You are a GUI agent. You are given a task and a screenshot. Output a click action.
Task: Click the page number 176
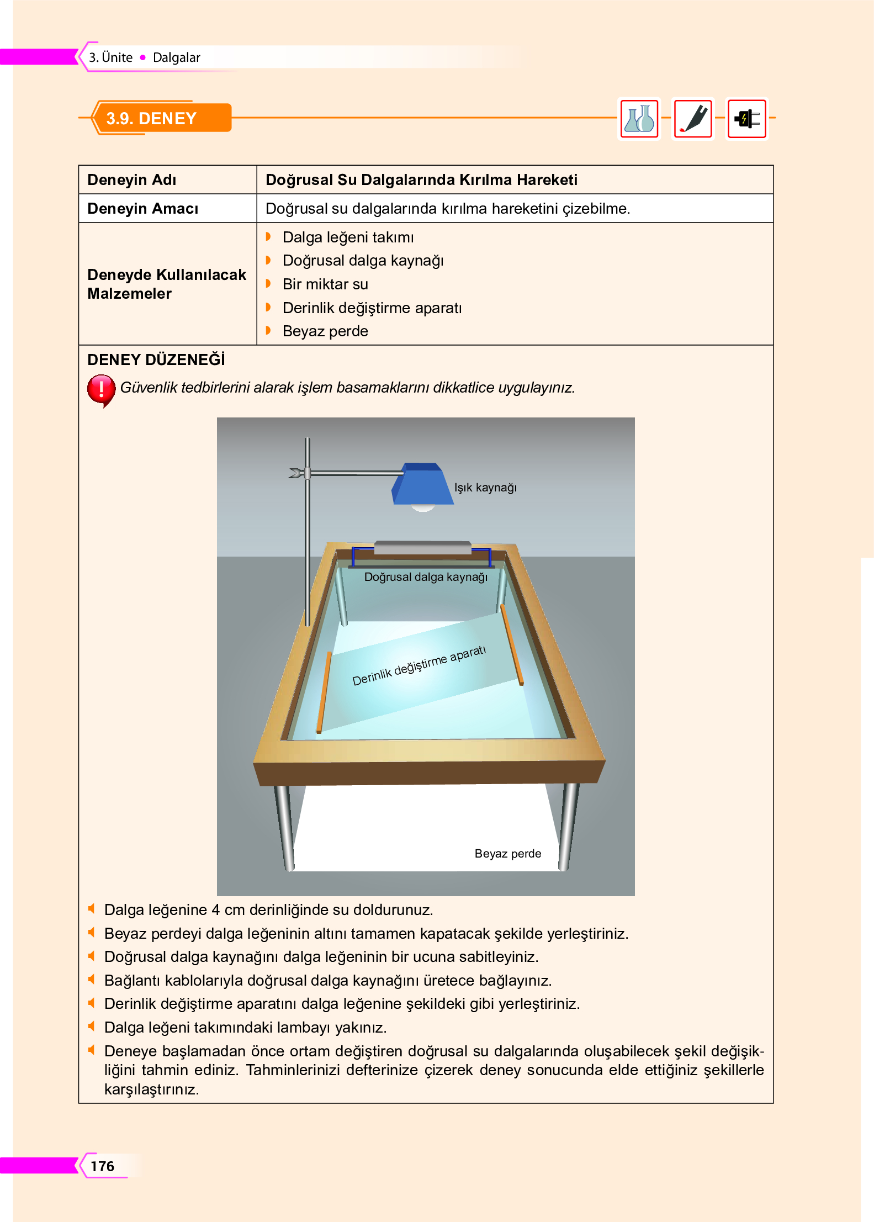[x=102, y=1166]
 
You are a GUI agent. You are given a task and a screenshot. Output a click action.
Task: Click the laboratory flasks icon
[x=639, y=119]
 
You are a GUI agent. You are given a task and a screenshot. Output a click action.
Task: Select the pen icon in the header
[x=693, y=119]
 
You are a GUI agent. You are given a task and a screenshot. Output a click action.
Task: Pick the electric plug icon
[x=746, y=119]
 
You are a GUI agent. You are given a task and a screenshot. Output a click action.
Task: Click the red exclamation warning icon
[x=101, y=389]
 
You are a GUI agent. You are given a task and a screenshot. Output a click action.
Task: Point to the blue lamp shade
[x=422, y=484]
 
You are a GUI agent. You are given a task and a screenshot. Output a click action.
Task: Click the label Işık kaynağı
[x=485, y=488]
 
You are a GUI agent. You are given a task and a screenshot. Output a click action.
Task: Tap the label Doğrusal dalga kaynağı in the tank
[x=426, y=577]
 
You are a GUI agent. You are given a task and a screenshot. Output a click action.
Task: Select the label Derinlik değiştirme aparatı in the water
[x=419, y=665]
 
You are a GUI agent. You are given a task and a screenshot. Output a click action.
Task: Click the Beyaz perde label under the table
[x=507, y=854]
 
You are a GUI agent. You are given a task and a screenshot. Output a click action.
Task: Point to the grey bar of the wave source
[x=422, y=547]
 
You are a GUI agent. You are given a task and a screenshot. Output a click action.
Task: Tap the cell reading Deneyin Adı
[x=132, y=180]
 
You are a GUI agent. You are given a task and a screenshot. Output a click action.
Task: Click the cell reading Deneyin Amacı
[x=142, y=209]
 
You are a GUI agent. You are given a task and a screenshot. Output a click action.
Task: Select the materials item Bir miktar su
[x=325, y=284]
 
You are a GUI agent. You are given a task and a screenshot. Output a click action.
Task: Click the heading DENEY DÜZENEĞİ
[x=156, y=360]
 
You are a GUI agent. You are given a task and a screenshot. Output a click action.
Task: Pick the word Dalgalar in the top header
[x=176, y=57]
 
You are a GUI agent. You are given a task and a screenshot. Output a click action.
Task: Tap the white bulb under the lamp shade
[x=423, y=508]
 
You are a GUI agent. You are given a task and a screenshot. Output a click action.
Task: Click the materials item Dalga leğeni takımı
[x=348, y=237]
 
